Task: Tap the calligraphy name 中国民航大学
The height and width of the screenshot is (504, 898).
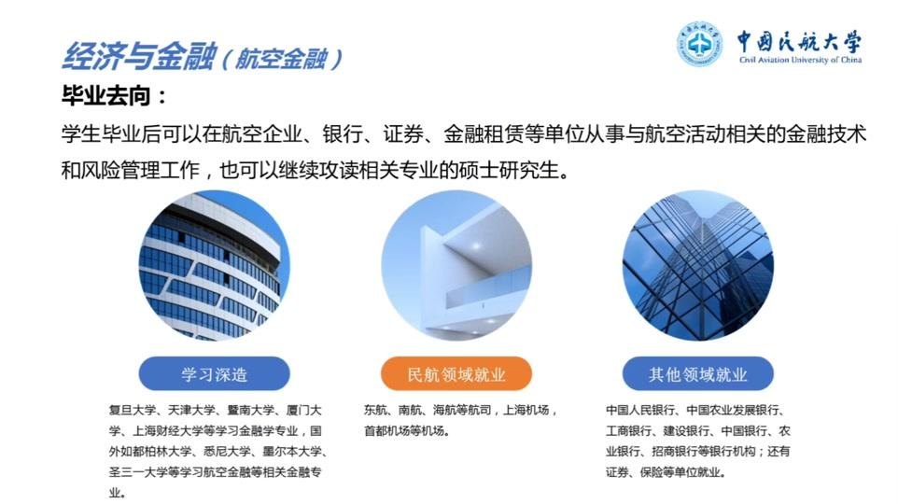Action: pyautogui.click(x=799, y=41)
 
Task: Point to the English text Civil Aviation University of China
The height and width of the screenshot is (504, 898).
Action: pyautogui.click(x=800, y=60)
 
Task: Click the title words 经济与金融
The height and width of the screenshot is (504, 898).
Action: pyautogui.click(x=138, y=56)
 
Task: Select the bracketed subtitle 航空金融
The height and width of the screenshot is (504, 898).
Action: pyautogui.click(x=281, y=59)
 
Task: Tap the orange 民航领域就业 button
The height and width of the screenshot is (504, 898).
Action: pyautogui.click(x=456, y=374)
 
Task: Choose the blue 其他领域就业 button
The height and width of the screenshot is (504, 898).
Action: pyautogui.click(x=697, y=374)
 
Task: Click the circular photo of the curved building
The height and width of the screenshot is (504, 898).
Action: pyautogui.click(x=215, y=266)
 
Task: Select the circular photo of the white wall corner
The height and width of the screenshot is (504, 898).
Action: pyautogui.click(x=456, y=266)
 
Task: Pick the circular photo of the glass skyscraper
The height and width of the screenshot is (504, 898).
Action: pyautogui.click(x=698, y=266)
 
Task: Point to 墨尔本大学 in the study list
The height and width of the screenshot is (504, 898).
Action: pyautogui.click(x=293, y=452)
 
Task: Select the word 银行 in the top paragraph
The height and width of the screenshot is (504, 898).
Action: pyautogui.click(x=342, y=134)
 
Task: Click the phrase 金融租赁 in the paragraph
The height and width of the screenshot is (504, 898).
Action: pyautogui.click(x=484, y=134)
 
